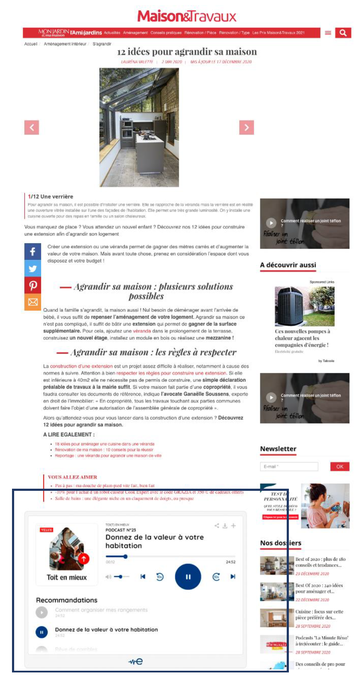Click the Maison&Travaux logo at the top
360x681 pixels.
(187, 17)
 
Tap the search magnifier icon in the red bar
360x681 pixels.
(343, 33)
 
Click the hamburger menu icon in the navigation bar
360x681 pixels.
(328, 33)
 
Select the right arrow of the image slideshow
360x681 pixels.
(246, 127)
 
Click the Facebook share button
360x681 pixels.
(33, 251)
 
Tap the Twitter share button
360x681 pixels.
(33, 269)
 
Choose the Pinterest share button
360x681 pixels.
(33, 285)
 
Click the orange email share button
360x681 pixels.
(33, 302)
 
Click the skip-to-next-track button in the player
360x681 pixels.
(233, 576)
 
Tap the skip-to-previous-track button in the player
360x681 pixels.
(143, 576)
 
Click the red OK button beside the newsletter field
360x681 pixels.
(339, 466)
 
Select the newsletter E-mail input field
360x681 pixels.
(289, 466)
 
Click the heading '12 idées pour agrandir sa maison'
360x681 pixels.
(187, 52)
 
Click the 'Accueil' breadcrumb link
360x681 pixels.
(31, 44)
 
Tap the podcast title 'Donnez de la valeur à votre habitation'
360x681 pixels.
(154, 541)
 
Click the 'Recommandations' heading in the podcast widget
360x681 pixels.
(66, 600)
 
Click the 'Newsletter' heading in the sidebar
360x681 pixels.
(278, 448)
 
